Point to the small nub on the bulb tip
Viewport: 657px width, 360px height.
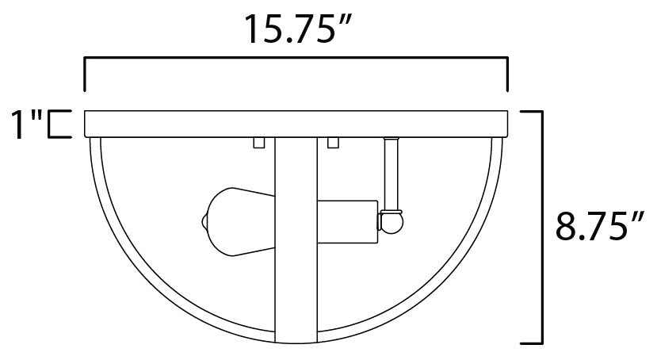click(202, 223)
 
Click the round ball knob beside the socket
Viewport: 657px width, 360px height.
click(390, 224)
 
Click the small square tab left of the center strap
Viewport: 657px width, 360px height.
click(258, 144)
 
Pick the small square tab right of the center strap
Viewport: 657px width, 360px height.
click(333, 144)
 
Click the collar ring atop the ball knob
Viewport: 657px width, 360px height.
click(390, 210)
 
